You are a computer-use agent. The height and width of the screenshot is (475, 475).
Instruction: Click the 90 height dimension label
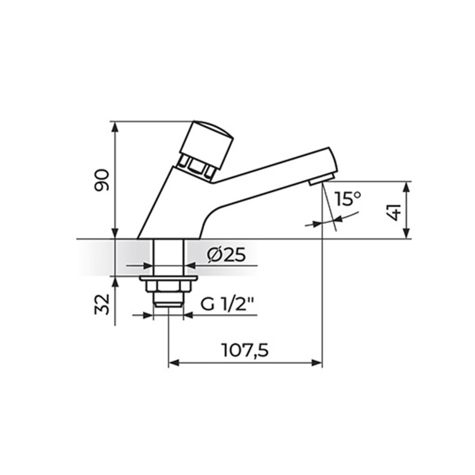102,180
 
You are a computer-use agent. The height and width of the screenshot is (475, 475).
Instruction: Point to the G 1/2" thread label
227,306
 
